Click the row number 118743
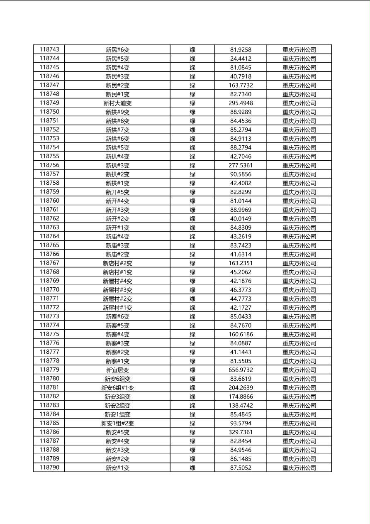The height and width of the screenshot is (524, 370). coord(49,49)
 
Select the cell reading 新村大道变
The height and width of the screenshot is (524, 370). coord(117,103)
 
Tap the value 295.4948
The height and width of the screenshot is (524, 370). coord(241,103)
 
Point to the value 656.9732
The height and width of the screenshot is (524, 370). coord(241,370)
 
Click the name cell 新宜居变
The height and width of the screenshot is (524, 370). coord(117,370)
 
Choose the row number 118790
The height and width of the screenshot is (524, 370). coord(49,468)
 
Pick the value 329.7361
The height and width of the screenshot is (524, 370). coord(241,432)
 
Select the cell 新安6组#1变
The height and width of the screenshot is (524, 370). coord(117,388)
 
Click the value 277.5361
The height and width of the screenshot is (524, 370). coord(241,165)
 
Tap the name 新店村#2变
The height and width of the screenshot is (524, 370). coord(117,263)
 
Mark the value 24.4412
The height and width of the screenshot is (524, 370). coord(241,59)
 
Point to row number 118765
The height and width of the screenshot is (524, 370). coord(49,245)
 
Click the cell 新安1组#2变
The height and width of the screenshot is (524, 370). coord(117,424)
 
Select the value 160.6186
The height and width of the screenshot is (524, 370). coord(241,334)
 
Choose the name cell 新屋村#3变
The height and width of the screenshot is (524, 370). coord(117,290)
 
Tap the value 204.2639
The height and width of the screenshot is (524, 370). coord(241,388)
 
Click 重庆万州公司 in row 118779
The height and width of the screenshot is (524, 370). coord(299,370)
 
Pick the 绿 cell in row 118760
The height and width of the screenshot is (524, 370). coord(192,201)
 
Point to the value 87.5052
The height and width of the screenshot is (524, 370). coord(241,468)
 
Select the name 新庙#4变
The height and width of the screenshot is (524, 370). coord(117,237)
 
